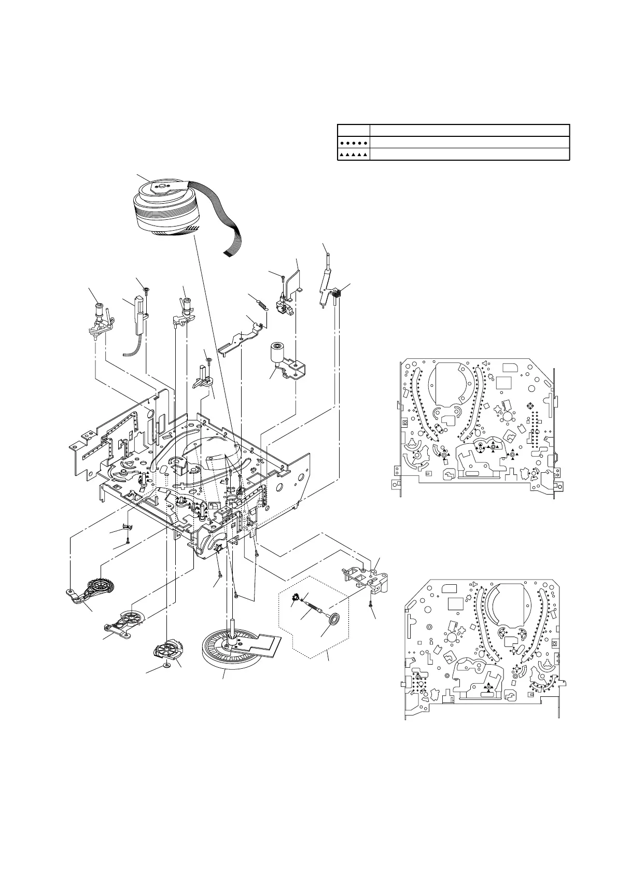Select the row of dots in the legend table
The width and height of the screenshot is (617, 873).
point(354,142)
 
